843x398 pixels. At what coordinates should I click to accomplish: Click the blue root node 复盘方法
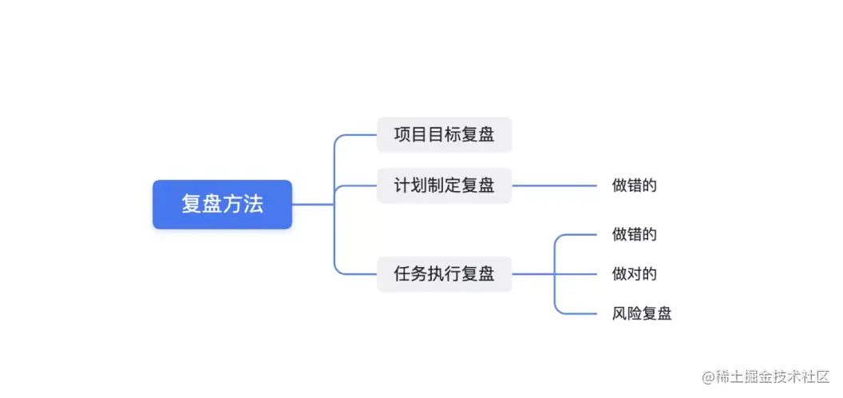222,205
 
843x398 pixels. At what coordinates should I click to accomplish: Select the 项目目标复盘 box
444,134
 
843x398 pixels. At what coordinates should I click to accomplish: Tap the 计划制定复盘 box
444,185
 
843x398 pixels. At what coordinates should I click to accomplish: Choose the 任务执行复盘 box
444,274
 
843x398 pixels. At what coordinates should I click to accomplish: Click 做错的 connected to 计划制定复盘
634,185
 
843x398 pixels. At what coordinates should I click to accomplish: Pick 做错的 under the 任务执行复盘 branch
634,234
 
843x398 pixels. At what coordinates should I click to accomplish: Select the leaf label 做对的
634,274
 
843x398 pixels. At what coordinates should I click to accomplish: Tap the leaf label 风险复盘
641,313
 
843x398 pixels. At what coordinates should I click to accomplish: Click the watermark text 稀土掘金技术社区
770,376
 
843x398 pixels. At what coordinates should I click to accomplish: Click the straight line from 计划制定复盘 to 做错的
554,185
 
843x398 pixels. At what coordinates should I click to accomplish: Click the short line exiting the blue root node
313,205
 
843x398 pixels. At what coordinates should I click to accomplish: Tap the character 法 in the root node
253,205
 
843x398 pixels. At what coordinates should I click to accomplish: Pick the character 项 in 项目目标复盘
402,134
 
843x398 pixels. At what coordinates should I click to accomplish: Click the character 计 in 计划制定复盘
402,185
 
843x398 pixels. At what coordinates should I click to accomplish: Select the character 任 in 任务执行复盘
402,274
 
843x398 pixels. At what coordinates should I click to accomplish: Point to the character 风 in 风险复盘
619,313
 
